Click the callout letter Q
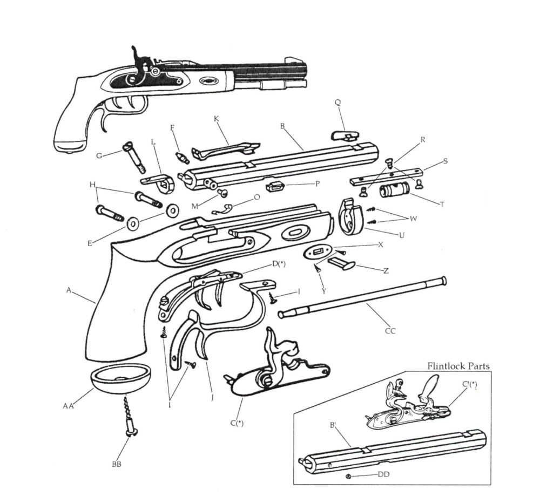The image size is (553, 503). [x=338, y=102]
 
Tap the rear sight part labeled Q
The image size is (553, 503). [x=344, y=133]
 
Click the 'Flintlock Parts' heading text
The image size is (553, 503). [x=458, y=366]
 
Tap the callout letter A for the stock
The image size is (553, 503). [x=69, y=290]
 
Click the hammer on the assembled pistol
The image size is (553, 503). [x=139, y=62]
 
